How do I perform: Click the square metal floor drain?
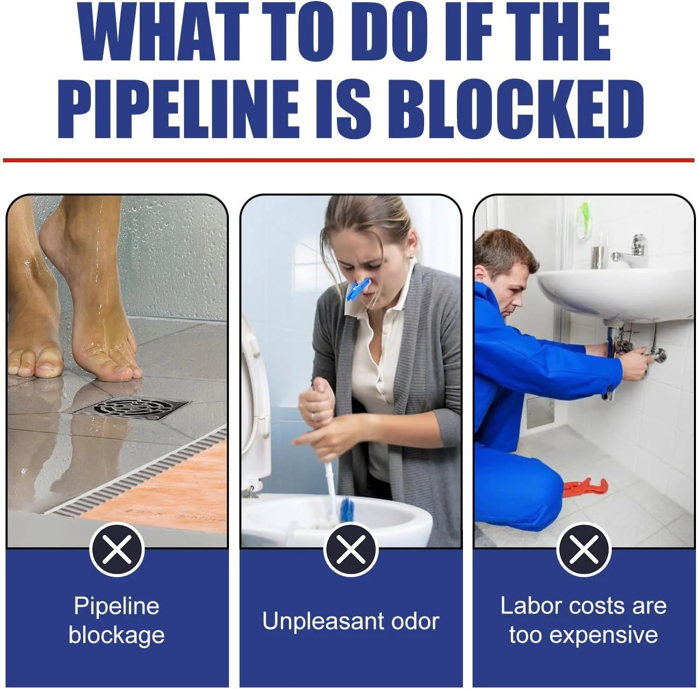click(131, 407)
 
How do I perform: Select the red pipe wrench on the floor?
click(586, 487)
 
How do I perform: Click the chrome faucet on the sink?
click(631, 252)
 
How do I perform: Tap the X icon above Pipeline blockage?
click(117, 549)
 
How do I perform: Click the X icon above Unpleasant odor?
click(351, 549)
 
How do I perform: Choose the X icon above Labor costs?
click(584, 549)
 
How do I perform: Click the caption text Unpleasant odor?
click(351, 621)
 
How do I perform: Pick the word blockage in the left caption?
click(116, 635)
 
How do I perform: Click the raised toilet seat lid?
click(255, 403)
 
